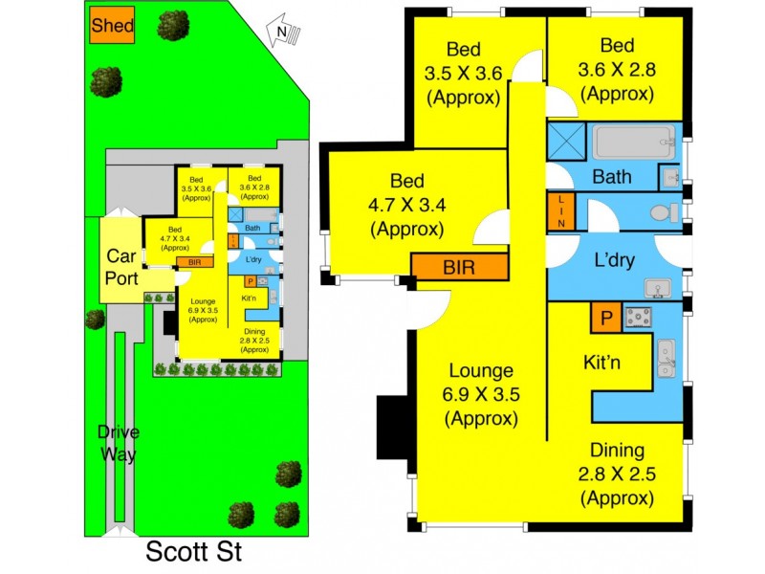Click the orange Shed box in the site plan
click(112, 28)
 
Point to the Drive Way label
click(118, 443)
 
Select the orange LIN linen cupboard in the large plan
click(561, 210)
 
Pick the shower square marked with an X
click(566, 143)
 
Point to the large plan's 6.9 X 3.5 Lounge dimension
click(481, 395)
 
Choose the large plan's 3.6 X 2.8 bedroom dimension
click(616, 70)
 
